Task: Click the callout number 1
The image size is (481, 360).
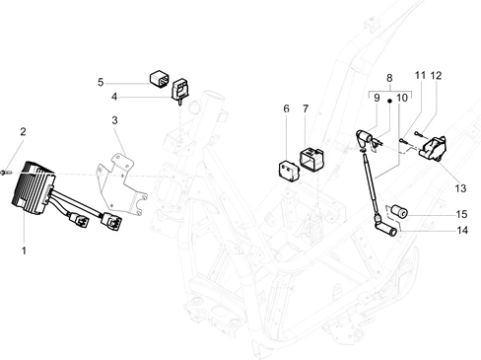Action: pyautogui.click(x=24, y=251)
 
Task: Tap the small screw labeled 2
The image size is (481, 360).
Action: pyautogui.click(x=6, y=173)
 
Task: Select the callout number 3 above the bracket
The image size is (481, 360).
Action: pyautogui.click(x=114, y=120)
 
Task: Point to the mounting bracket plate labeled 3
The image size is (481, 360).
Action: pyautogui.click(x=122, y=184)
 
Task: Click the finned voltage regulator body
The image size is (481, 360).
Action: pyautogui.click(x=33, y=188)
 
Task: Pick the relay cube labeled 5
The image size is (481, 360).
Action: pyautogui.click(x=160, y=79)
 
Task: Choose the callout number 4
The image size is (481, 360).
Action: pyautogui.click(x=114, y=97)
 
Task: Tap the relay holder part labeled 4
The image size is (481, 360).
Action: pyautogui.click(x=180, y=91)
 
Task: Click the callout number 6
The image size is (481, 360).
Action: pyautogui.click(x=286, y=108)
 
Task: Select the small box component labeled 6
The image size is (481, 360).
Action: pyautogui.click(x=289, y=171)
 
